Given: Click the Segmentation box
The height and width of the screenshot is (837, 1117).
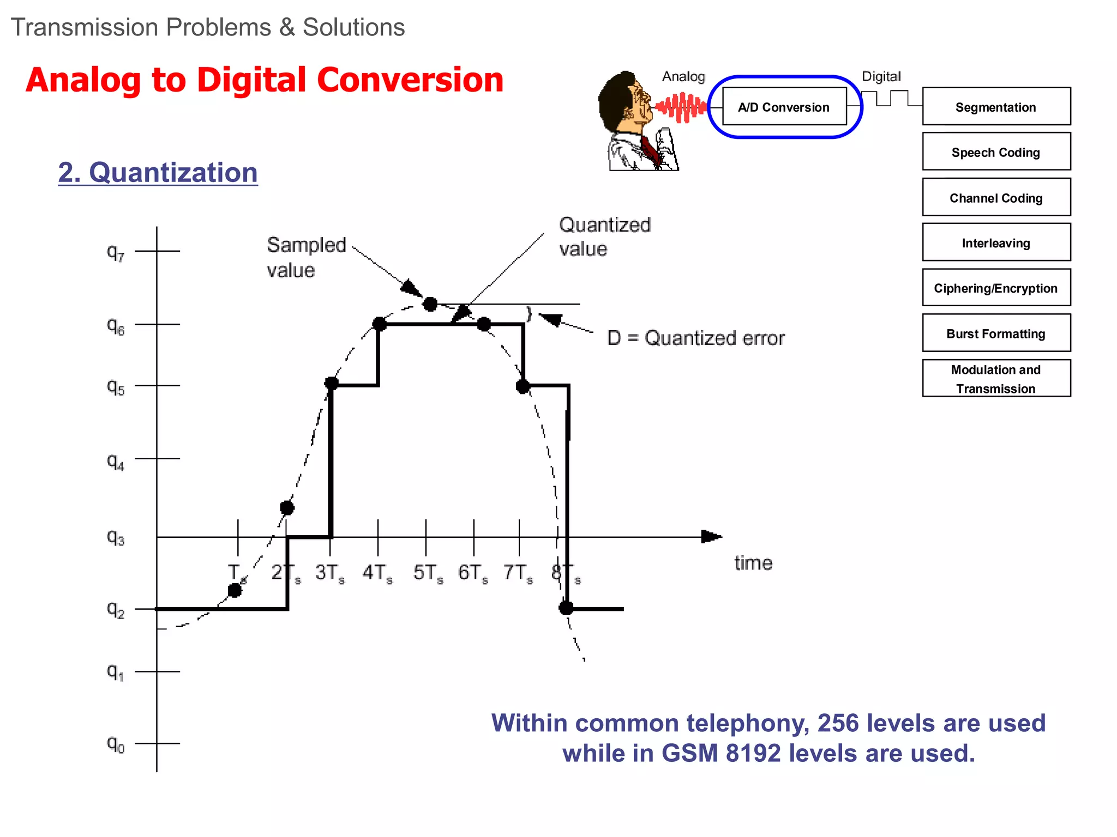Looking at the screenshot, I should pyautogui.click(x=996, y=107).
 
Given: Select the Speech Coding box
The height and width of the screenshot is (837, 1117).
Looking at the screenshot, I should pyautogui.click(x=996, y=152).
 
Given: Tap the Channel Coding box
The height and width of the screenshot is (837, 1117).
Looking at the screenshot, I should pyautogui.click(x=996, y=197).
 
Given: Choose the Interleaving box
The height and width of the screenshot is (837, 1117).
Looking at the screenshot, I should pyautogui.click(x=996, y=242).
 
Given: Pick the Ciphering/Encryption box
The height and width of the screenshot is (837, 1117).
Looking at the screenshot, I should pyautogui.click(x=996, y=288).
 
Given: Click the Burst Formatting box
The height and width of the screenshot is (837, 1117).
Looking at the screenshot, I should pyautogui.click(x=996, y=333).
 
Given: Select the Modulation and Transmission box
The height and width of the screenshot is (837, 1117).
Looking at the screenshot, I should pyautogui.click(x=996, y=378).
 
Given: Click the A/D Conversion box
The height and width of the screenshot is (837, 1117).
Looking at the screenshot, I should pyautogui.click(x=784, y=107).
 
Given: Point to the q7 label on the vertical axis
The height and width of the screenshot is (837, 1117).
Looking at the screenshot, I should pyautogui.click(x=115, y=252).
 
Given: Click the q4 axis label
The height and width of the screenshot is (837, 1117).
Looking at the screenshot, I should pyautogui.click(x=115, y=461).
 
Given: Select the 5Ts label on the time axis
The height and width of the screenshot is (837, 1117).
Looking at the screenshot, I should pyautogui.click(x=428, y=573).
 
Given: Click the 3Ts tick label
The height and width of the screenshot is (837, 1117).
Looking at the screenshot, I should pyautogui.click(x=329, y=573).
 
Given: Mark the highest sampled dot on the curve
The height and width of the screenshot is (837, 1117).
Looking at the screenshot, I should pyautogui.click(x=430, y=304).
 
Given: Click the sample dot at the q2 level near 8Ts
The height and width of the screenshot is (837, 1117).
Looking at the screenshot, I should pyautogui.click(x=566, y=608).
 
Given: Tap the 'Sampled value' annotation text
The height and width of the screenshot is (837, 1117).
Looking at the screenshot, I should pyautogui.click(x=306, y=257).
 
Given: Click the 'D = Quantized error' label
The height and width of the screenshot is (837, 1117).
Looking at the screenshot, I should pyautogui.click(x=696, y=338).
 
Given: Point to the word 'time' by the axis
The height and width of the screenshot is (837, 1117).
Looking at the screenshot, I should pyautogui.click(x=753, y=563).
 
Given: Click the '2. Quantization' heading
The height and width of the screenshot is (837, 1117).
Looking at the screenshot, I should pyautogui.click(x=158, y=173).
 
